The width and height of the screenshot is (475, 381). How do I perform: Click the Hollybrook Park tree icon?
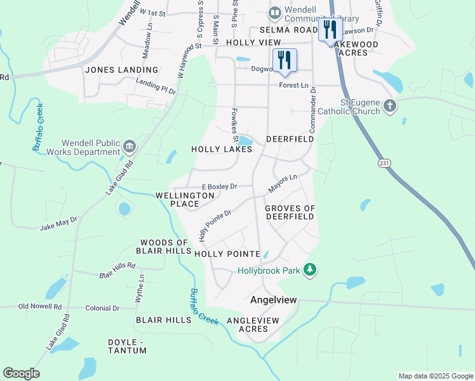coord(310,271)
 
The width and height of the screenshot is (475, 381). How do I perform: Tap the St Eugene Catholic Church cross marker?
coord(390,105)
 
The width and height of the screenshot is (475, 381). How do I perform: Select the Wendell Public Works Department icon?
coord(130,147)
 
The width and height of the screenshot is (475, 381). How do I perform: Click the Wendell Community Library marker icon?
coord(275,12)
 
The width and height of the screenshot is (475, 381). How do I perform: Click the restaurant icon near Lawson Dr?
coord(330,29)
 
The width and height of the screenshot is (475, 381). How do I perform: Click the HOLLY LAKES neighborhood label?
coord(222,149)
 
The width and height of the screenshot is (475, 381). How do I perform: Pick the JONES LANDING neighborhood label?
coord(121,70)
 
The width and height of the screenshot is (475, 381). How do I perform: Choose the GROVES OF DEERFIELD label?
coord(290,212)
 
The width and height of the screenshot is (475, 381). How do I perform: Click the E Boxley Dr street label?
coord(219,187)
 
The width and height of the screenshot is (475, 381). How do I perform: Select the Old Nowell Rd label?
coord(40,307)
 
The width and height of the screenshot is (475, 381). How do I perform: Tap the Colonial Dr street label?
coord(102,308)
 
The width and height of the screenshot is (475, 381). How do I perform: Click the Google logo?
coord(21,373)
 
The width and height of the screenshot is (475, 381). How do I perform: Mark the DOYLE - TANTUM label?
coord(127,346)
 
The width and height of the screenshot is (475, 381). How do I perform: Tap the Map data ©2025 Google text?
coord(435,376)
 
